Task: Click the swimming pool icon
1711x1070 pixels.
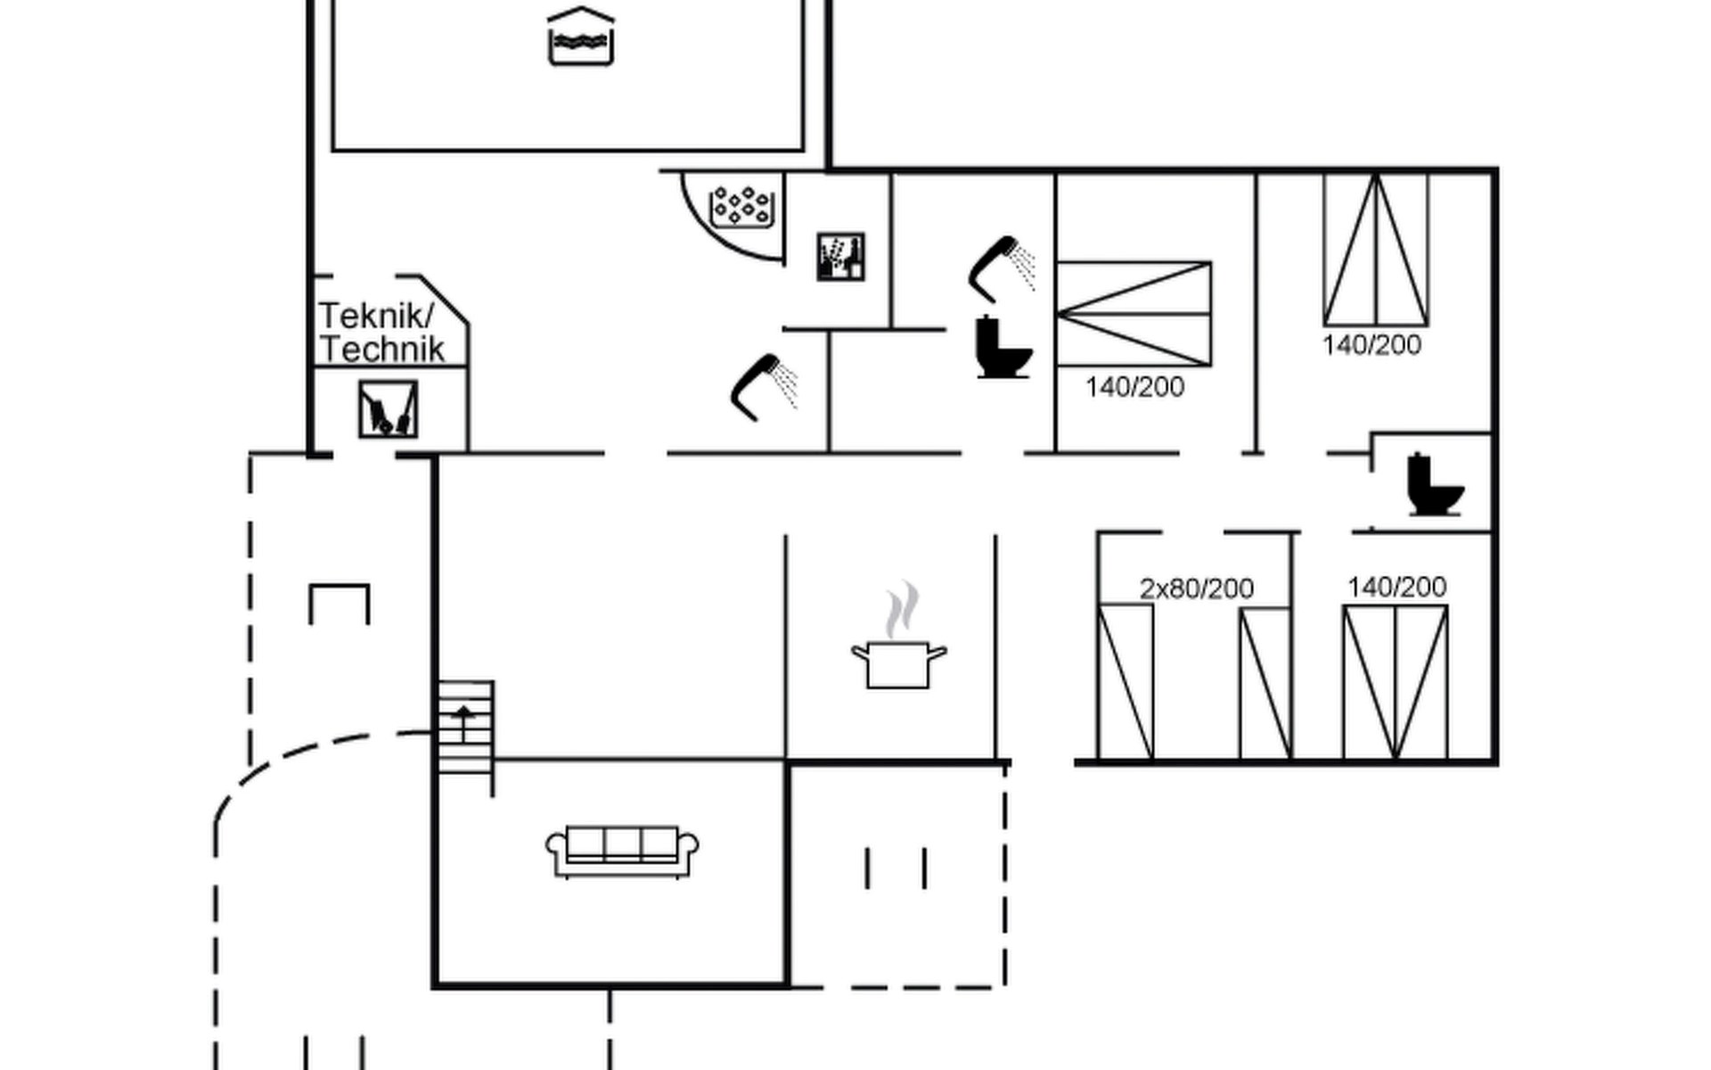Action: tap(580, 37)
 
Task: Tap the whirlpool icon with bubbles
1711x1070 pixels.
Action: tap(741, 207)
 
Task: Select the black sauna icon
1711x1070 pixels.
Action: tap(840, 257)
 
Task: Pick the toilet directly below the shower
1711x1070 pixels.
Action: tap(1002, 347)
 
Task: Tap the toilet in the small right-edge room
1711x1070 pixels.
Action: tap(1433, 486)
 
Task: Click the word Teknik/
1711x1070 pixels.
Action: tap(376, 316)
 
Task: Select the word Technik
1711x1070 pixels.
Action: tap(381, 350)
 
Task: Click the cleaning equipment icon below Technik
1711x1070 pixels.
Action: tap(388, 409)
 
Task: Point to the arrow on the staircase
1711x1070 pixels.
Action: tap(463, 719)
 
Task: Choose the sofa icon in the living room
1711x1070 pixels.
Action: tap(622, 851)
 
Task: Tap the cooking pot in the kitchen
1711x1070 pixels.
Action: tap(898, 664)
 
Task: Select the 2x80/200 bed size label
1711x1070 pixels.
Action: tap(1196, 588)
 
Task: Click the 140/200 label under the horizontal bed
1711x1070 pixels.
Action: tap(1134, 387)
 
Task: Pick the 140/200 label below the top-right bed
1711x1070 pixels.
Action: tap(1371, 345)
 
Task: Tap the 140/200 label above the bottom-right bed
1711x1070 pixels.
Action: tap(1396, 587)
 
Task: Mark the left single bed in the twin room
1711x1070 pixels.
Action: tap(1126, 682)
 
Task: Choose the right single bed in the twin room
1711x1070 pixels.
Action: tap(1265, 684)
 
